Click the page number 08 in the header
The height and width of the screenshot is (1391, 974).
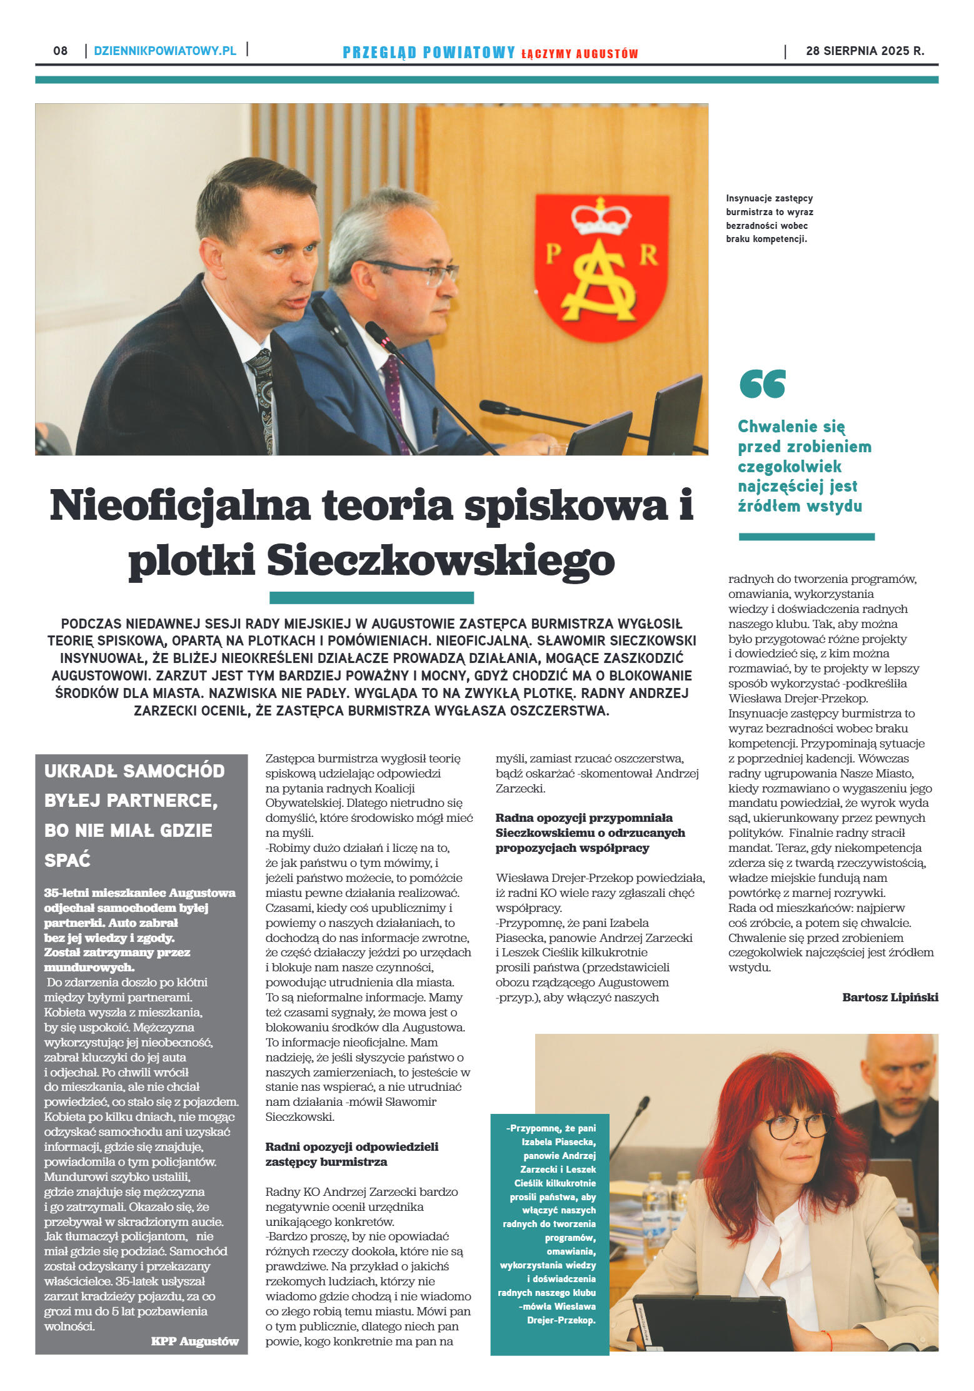pos(60,51)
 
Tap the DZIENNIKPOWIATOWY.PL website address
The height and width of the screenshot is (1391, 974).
pos(165,51)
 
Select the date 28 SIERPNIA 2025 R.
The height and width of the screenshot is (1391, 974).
pos(865,51)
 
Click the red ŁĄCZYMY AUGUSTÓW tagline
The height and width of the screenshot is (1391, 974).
pos(579,54)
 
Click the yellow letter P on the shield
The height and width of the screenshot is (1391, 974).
pos(553,254)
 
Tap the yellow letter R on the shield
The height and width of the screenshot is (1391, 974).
pos(649,255)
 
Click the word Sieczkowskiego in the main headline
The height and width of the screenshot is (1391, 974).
pos(441,560)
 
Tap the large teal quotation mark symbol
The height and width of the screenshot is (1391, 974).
pos(762,383)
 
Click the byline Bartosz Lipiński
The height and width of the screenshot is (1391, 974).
pos(890,997)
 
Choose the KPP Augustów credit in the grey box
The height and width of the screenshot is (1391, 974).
pos(194,1341)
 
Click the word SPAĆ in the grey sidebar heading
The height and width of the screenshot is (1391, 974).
pos(68,860)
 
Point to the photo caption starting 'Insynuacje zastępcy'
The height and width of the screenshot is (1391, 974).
pos(770,218)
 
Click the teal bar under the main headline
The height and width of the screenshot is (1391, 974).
pos(371,597)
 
